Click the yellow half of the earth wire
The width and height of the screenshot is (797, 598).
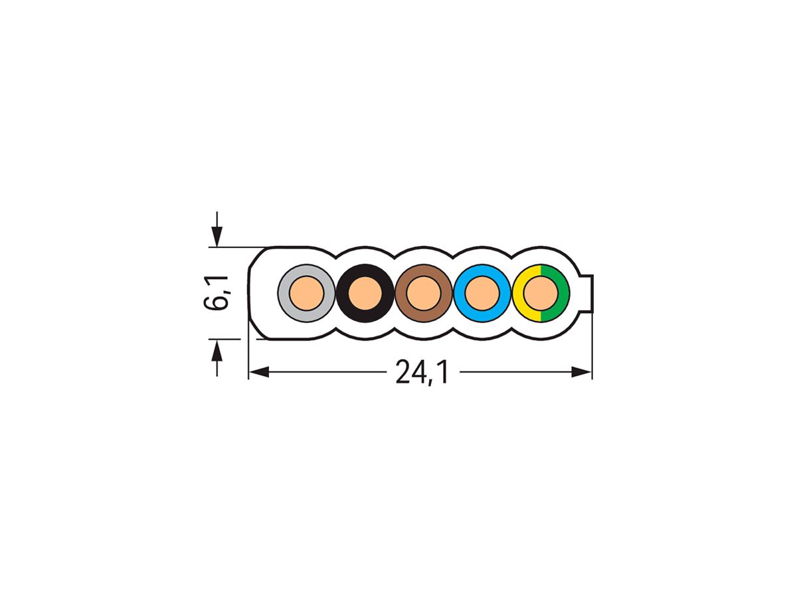pyautogui.click(x=519, y=293)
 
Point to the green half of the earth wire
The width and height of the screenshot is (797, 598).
pyautogui.click(x=563, y=293)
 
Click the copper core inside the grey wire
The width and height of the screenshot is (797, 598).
pyautogui.click(x=306, y=293)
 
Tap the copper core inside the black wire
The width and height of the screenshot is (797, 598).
pyautogui.click(x=364, y=293)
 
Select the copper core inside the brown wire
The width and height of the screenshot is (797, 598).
pyautogui.click(x=423, y=293)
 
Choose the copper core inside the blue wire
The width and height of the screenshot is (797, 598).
pyautogui.click(x=482, y=293)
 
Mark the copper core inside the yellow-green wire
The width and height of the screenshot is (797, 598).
pyautogui.click(x=541, y=293)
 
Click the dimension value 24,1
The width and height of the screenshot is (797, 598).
pyautogui.click(x=422, y=373)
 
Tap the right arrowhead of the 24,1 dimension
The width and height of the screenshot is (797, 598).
pyautogui.click(x=581, y=372)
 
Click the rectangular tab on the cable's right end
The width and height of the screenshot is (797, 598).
pyautogui.click(x=587, y=292)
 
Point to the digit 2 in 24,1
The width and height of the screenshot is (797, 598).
pyautogui.click(x=402, y=373)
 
